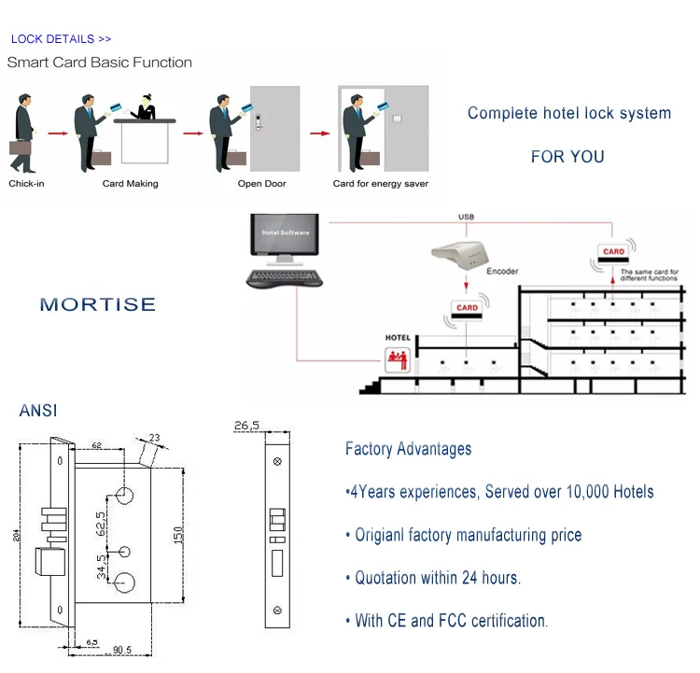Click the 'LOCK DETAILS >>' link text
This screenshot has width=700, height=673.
61,39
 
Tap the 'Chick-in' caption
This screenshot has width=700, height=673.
26,184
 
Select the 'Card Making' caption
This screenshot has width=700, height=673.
130,184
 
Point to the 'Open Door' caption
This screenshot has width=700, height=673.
261,184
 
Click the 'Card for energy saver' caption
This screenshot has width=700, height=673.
380,184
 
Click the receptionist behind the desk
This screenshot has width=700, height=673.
147,105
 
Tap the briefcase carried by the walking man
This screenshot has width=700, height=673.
21,147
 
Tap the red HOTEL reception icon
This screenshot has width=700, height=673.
398,356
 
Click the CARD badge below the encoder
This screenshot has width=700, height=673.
467,307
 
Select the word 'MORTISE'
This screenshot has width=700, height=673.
98,304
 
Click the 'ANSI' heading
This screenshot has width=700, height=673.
37,410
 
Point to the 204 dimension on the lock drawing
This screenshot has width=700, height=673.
14,533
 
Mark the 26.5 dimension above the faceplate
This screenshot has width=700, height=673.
247,427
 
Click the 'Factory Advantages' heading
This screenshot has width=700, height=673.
408,449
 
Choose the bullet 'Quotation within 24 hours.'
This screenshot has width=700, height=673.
437,578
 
